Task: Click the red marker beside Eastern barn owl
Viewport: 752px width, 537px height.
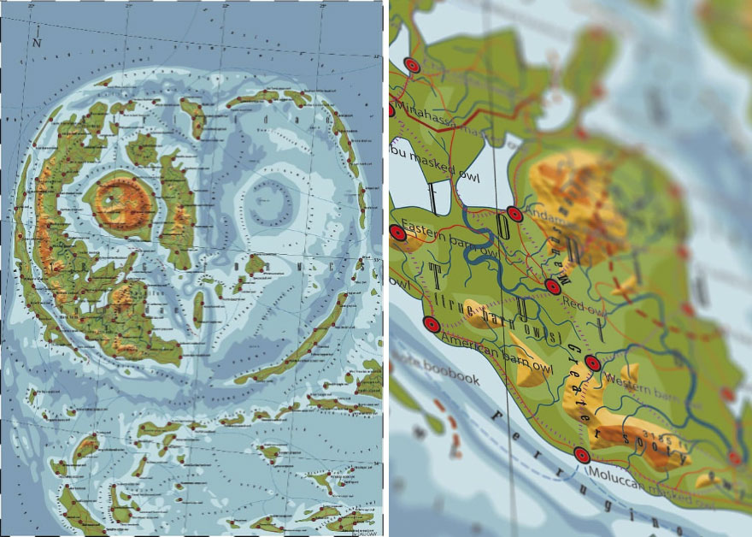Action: pyautogui.click(x=398, y=232)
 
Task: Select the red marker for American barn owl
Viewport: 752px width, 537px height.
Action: pyautogui.click(x=431, y=324)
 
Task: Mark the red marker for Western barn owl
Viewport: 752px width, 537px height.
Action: pyautogui.click(x=592, y=363)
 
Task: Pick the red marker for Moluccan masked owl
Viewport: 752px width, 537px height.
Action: pyautogui.click(x=582, y=456)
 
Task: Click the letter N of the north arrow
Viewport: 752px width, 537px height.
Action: pyautogui.click(x=37, y=41)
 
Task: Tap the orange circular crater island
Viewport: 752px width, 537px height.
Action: pyautogui.click(x=119, y=205)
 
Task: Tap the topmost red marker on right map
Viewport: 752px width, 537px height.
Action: pyautogui.click(x=412, y=64)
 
